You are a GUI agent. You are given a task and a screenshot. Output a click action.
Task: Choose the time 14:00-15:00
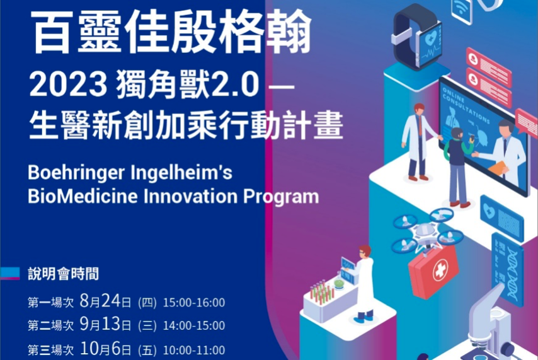193,326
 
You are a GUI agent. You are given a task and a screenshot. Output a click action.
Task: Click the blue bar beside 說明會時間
11,273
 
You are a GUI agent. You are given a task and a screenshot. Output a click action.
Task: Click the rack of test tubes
322,291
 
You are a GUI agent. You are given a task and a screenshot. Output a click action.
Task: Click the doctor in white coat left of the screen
416,141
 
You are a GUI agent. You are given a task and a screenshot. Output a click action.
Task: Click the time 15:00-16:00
193,303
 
